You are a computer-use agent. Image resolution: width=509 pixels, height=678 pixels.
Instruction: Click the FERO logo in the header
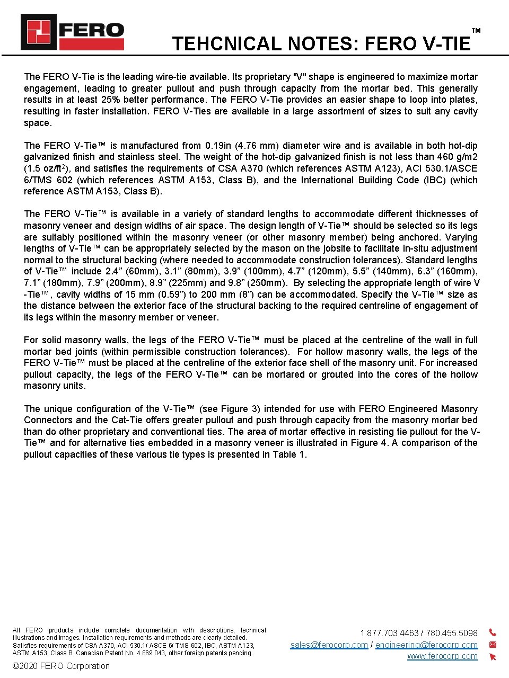tap(72, 32)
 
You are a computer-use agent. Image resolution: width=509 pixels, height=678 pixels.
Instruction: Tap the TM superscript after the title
tap(476, 31)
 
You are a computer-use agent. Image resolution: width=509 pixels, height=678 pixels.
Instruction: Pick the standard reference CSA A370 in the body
tap(240, 168)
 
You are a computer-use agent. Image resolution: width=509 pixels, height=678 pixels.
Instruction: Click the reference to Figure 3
tap(240, 409)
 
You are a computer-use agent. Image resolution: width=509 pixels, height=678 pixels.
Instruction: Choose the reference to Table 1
tap(289, 454)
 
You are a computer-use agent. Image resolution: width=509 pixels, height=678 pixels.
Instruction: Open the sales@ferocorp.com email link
tap(329, 645)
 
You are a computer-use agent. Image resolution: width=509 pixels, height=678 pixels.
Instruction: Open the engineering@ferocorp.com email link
tap(426, 645)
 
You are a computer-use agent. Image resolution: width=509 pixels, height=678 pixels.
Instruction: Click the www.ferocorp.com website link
tap(442, 656)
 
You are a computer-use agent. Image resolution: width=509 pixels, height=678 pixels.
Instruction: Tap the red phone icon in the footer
tap(493, 632)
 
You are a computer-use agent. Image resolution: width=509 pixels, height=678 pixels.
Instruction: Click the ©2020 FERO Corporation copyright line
tap(61, 666)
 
